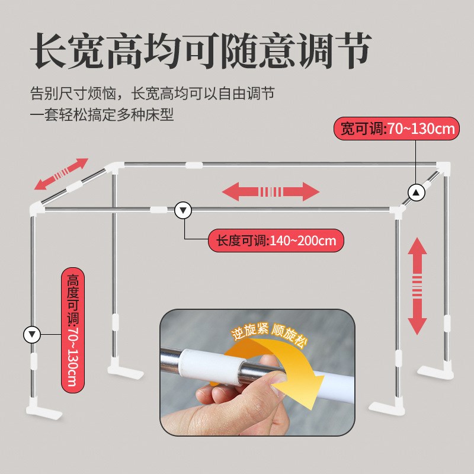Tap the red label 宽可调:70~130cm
click(x=398, y=129)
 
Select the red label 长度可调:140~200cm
click(x=276, y=241)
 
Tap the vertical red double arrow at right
click(x=418, y=285)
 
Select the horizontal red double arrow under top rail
click(x=271, y=191)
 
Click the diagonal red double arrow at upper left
click(x=61, y=174)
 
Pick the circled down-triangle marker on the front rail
click(x=183, y=210)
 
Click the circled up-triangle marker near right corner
click(x=417, y=191)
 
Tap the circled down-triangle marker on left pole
click(x=31, y=334)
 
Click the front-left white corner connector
click(x=37, y=209)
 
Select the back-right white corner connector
click(x=443, y=167)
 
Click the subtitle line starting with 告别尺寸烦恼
click(x=152, y=94)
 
